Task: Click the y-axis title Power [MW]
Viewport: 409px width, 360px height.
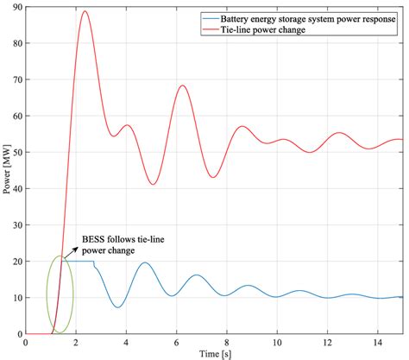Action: click(x=7, y=169)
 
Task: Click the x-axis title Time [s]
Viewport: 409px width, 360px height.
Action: click(x=214, y=353)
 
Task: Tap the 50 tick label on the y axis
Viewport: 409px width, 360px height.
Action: click(x=16, y=152)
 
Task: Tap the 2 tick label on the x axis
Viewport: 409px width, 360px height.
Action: click(x=76, y=343)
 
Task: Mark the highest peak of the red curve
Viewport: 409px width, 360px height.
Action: click(x=85, y=11)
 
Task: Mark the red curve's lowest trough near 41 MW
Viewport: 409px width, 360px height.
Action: click(x=153, y=184)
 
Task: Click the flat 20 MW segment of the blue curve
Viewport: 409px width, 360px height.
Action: click(x=82, y=261)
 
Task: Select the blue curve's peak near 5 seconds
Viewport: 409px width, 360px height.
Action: click(x=145, y=263)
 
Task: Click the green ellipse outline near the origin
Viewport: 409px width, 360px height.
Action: click(x=73, y=294)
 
